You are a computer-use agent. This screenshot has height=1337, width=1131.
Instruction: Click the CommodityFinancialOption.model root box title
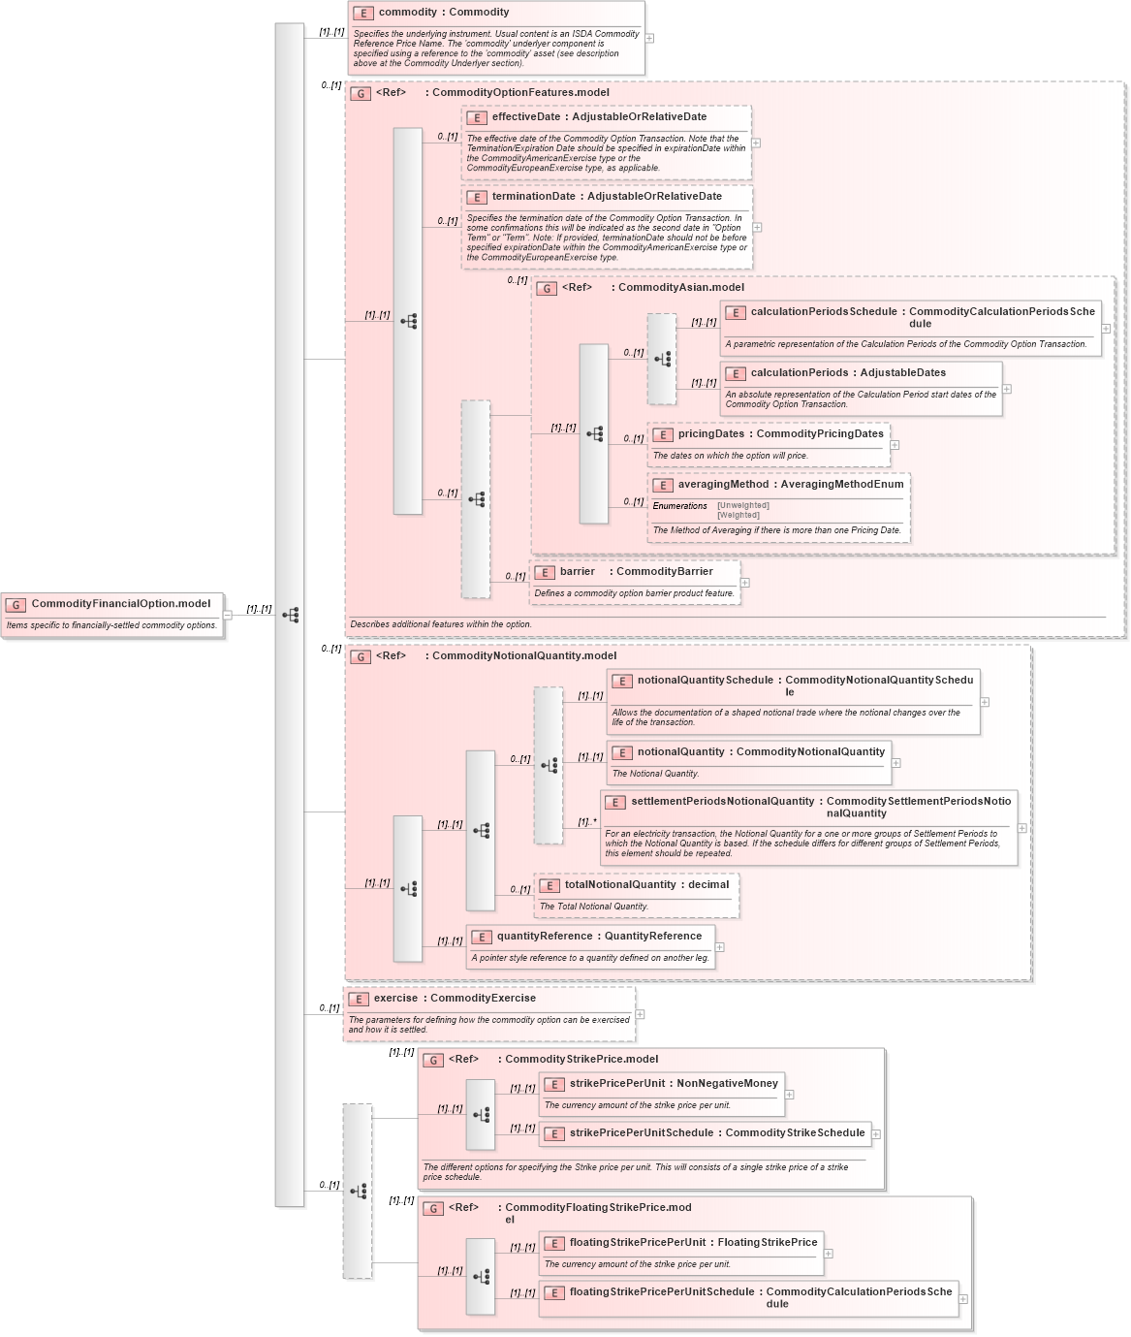[x=120, y=604]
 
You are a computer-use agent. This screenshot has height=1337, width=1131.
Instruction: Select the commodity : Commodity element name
[x=443, y=13]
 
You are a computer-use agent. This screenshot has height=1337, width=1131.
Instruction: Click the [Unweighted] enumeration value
[x=742, y=505]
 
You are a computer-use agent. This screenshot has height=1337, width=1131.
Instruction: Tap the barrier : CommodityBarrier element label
[x=636, y=572]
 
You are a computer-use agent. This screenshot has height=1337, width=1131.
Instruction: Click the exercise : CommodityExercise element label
[x=455, y=999]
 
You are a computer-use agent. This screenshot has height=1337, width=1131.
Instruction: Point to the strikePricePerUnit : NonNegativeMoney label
[x=674, y=1084]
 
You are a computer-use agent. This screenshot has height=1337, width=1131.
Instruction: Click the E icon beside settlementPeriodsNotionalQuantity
[x=615, y=803]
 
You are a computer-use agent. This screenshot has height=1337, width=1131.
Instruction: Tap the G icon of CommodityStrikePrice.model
[x=433, y=1061]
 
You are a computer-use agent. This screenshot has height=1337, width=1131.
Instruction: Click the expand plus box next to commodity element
[x=649, y=39]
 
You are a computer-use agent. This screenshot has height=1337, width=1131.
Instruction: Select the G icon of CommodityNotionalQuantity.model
[x=361, y=657]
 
